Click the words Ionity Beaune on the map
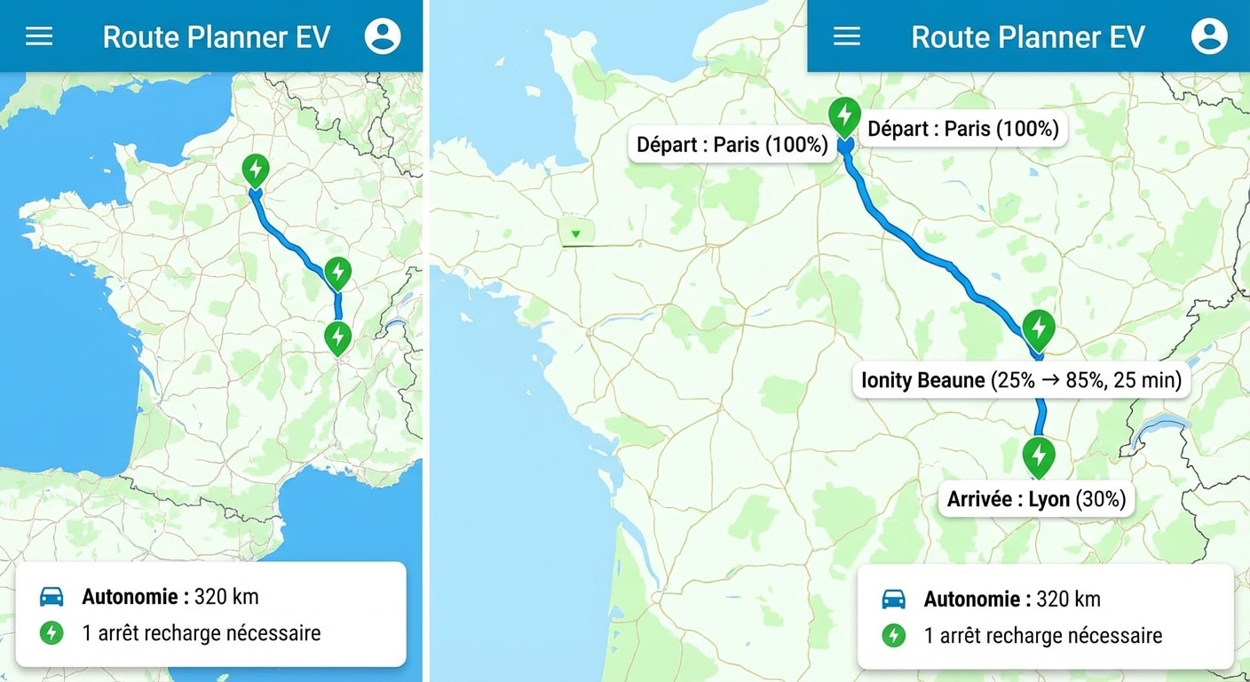click(x=923, y=381)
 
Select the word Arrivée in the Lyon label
click(x=980, y=499)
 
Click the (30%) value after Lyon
click(x=1101, y=499)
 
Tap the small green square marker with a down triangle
click(x=576, y=234)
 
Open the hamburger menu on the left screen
click(x=39, y=36)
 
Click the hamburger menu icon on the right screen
click(x=847, y=36)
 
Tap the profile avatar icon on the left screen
click(x=383, y=36)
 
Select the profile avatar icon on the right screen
click(x=1209, y=36)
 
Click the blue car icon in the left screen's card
click(x=51, y=597)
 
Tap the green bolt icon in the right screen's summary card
click(x=893, y=635)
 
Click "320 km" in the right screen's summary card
click(x=1068, y=599)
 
